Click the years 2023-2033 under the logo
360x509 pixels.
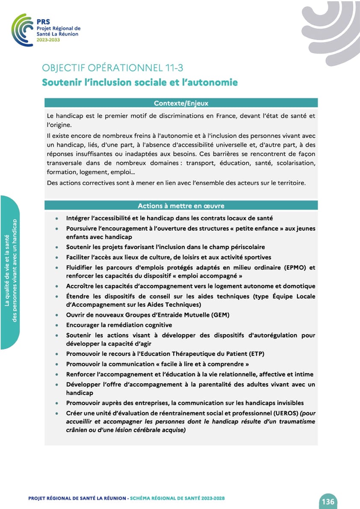[48, 40]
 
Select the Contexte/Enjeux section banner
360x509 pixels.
[181, 103]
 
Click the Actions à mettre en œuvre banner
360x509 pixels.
[181, 205]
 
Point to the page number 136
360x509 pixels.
[328, 501]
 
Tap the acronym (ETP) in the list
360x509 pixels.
[256, 354]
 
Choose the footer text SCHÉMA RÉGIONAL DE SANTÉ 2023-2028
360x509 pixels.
[177, 498]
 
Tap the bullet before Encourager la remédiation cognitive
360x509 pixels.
[57, 325]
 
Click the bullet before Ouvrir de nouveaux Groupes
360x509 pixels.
[57, 315]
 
